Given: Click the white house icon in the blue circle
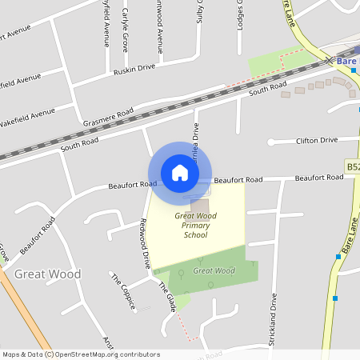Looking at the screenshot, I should pos(180,173).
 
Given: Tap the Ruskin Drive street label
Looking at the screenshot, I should pos(134,68).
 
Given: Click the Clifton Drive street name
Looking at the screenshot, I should pos(317,141).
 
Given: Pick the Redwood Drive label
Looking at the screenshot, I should pos(145,242).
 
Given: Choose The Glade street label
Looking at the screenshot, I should pos(167,296).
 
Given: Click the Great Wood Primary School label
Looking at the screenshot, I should pos(195,226).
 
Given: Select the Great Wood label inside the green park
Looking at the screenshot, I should pos(214,270).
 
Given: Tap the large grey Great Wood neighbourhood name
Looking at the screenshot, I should pos(47,274).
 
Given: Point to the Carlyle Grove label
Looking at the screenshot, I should pos(125,30).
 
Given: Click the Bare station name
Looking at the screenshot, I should pos(347,61).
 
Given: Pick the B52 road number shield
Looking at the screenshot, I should pos(353,166).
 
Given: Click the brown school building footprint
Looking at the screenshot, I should pos(198,206).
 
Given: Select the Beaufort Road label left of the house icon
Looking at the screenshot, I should pos(132,185).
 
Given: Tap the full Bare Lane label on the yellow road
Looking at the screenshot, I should pos(349,239).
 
